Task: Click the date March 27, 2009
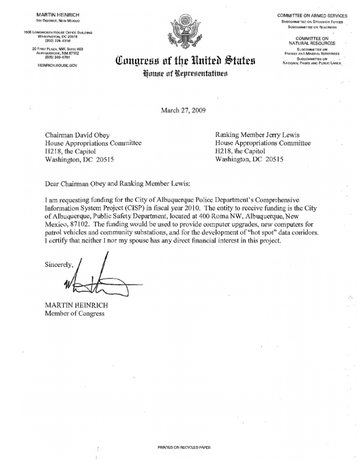[183, 111]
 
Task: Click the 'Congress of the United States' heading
[183, 60]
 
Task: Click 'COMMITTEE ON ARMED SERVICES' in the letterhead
[312, 16]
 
